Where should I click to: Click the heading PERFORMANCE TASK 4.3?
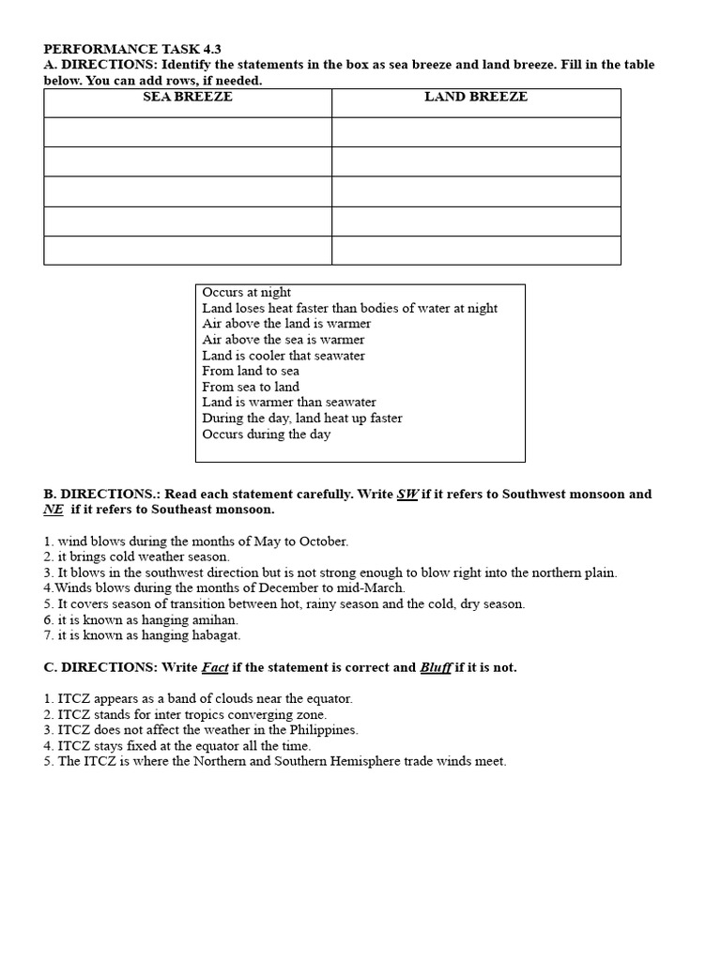(132, 49)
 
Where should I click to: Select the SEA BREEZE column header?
(187, 97)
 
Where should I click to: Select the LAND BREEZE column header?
(476, 97)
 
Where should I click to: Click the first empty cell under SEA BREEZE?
(187, 131)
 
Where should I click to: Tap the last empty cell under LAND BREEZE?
(476, 251)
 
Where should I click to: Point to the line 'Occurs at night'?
(246, 293)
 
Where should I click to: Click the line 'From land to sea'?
(251, 371)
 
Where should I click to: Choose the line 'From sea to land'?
(251, 387)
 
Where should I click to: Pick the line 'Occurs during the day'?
(266, 435)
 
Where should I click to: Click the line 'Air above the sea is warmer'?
(283, 340)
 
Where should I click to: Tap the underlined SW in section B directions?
(407, 495)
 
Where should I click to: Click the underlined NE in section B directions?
(53, 510)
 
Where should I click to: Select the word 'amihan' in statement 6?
(214, 620)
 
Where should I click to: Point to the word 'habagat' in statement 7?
(215, 635)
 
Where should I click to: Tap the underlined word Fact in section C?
(215, 667)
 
